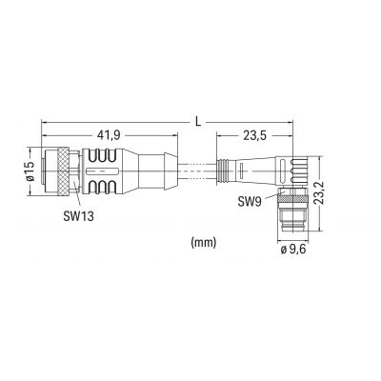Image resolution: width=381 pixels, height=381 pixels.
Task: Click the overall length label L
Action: click(x=198, y=122)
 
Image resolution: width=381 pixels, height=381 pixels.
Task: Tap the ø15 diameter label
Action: click(x=30, y=171)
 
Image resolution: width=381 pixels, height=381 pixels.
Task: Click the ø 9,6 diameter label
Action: click(x=292, y=250)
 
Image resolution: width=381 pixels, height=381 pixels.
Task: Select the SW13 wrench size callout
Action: click(x=79, y=216)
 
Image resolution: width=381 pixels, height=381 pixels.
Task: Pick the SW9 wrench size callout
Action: click(x=250, y=201)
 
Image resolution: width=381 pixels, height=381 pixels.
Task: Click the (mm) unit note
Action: click(x=204, y=243)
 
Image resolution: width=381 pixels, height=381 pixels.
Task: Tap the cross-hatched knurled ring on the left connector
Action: click(x=64, y=171)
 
